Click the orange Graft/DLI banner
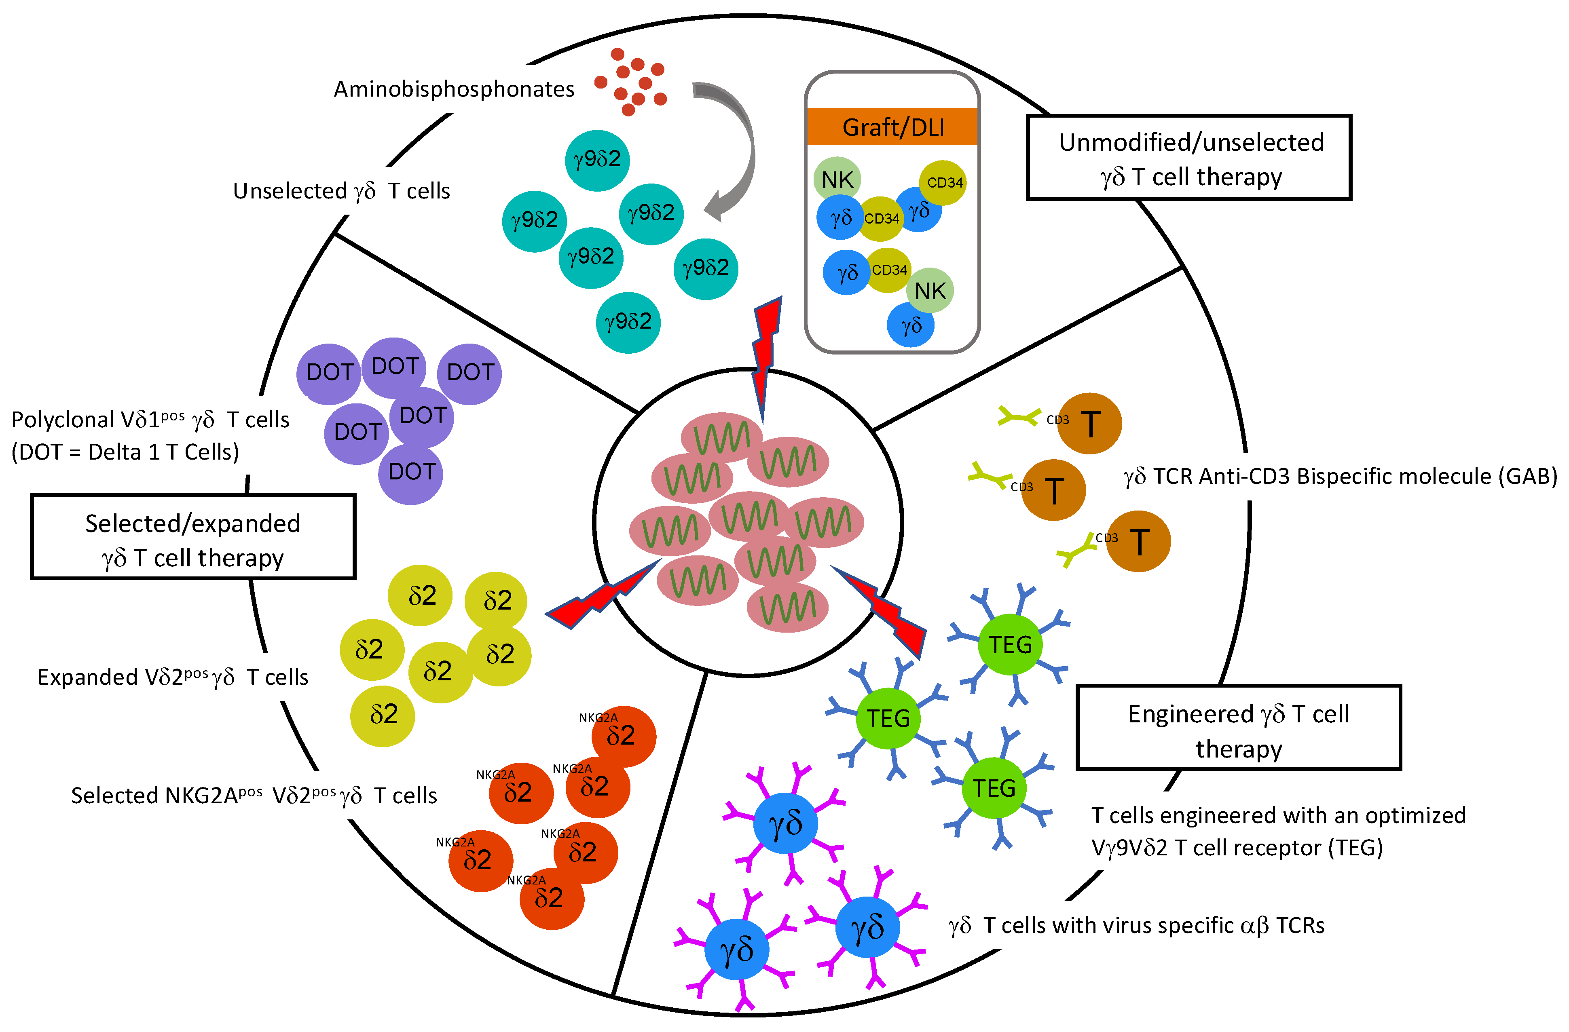click(892, 127)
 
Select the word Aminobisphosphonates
click(454, 89)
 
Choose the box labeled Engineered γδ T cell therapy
click(1238, 728)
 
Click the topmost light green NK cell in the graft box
click(837, 179)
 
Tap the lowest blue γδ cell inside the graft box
click(910, 325)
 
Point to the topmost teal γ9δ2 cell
click(597, 160)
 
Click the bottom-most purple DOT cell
click(411, 473)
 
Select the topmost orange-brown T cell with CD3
click(1089, 423)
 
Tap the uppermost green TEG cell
click(1010, 644)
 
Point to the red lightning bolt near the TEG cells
click(884, 610)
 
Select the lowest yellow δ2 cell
click(383, 715)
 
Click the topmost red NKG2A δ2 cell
click(623, 736)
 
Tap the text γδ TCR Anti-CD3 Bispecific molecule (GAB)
click(1340, 476)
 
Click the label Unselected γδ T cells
click(341, 191)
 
